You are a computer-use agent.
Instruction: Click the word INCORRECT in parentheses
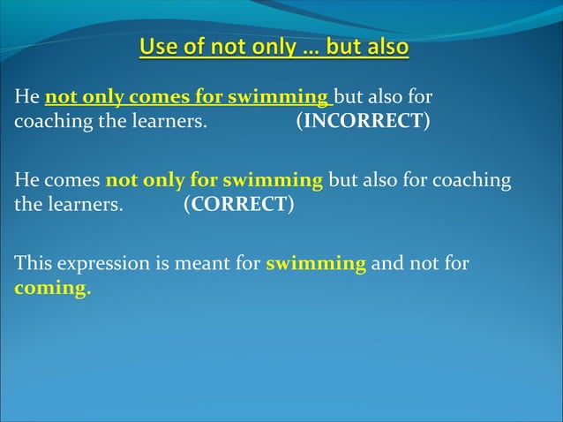[x=362, y=121]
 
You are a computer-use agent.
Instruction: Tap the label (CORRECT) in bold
[x=238, y=206]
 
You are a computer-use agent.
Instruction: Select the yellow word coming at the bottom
[x=52, y=289]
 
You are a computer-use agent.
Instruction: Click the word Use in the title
[x=159, y=46]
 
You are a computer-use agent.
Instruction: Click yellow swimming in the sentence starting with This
[x=316, y=263]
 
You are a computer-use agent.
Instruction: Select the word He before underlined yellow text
[x=26, y=96]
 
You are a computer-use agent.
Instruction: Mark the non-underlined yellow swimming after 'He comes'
[x=273, y=181]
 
